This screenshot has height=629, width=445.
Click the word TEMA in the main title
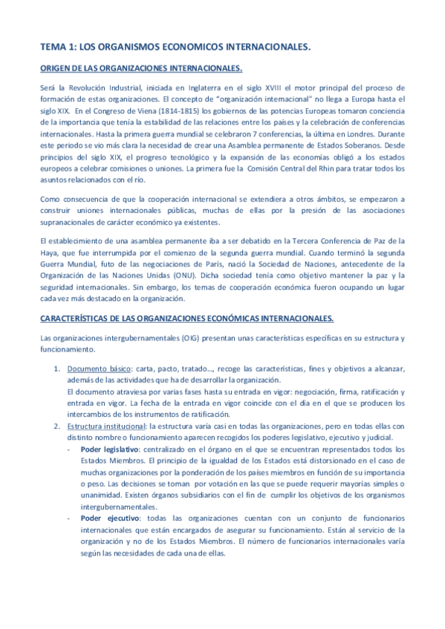(53, 47)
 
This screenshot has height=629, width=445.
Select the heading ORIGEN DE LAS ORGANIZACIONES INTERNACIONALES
(140, 69)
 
